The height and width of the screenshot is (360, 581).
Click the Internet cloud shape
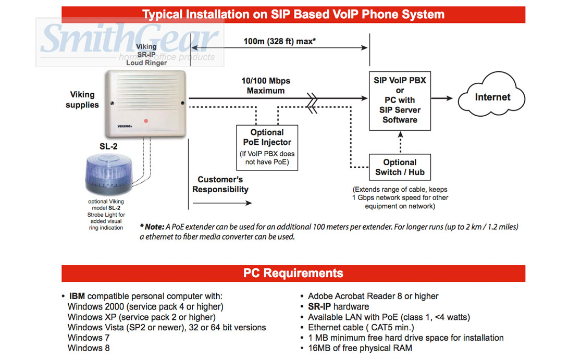pyautogui.click(x=492, y=97)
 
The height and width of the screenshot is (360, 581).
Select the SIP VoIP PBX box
pyautogui.click(x=400, y=100)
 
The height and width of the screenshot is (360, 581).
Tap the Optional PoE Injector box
pyautogui.click(x=267, y=147)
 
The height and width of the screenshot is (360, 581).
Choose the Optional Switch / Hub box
pyautogui.click(x=400, y=167)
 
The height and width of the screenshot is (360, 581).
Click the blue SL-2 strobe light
pyautogui.click(x=108, y=176)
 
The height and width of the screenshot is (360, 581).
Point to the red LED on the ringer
pyautogui.click(x=146, y=121)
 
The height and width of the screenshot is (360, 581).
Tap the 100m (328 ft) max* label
pyautogui.click(x=279, y=41)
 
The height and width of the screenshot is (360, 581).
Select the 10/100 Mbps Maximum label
pyautogui.click(x=266, y=86)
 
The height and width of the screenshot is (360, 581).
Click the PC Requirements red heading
pyautogui.click(x=293, y=273)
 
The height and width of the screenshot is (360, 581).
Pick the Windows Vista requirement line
pyautogui.click(x=167, y=328)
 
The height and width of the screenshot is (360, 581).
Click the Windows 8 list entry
pyautogui.click(x=89, y=348)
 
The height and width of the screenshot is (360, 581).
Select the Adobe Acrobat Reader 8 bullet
pyautogui.click(x=373, y=296)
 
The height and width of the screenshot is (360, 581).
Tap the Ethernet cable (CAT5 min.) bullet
pyautogui.click(x=361, y=328)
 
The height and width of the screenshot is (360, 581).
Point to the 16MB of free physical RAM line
pyautogui.click(x=360, y=348)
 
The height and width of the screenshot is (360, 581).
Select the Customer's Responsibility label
pyautogui.click(x=220, y=184)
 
